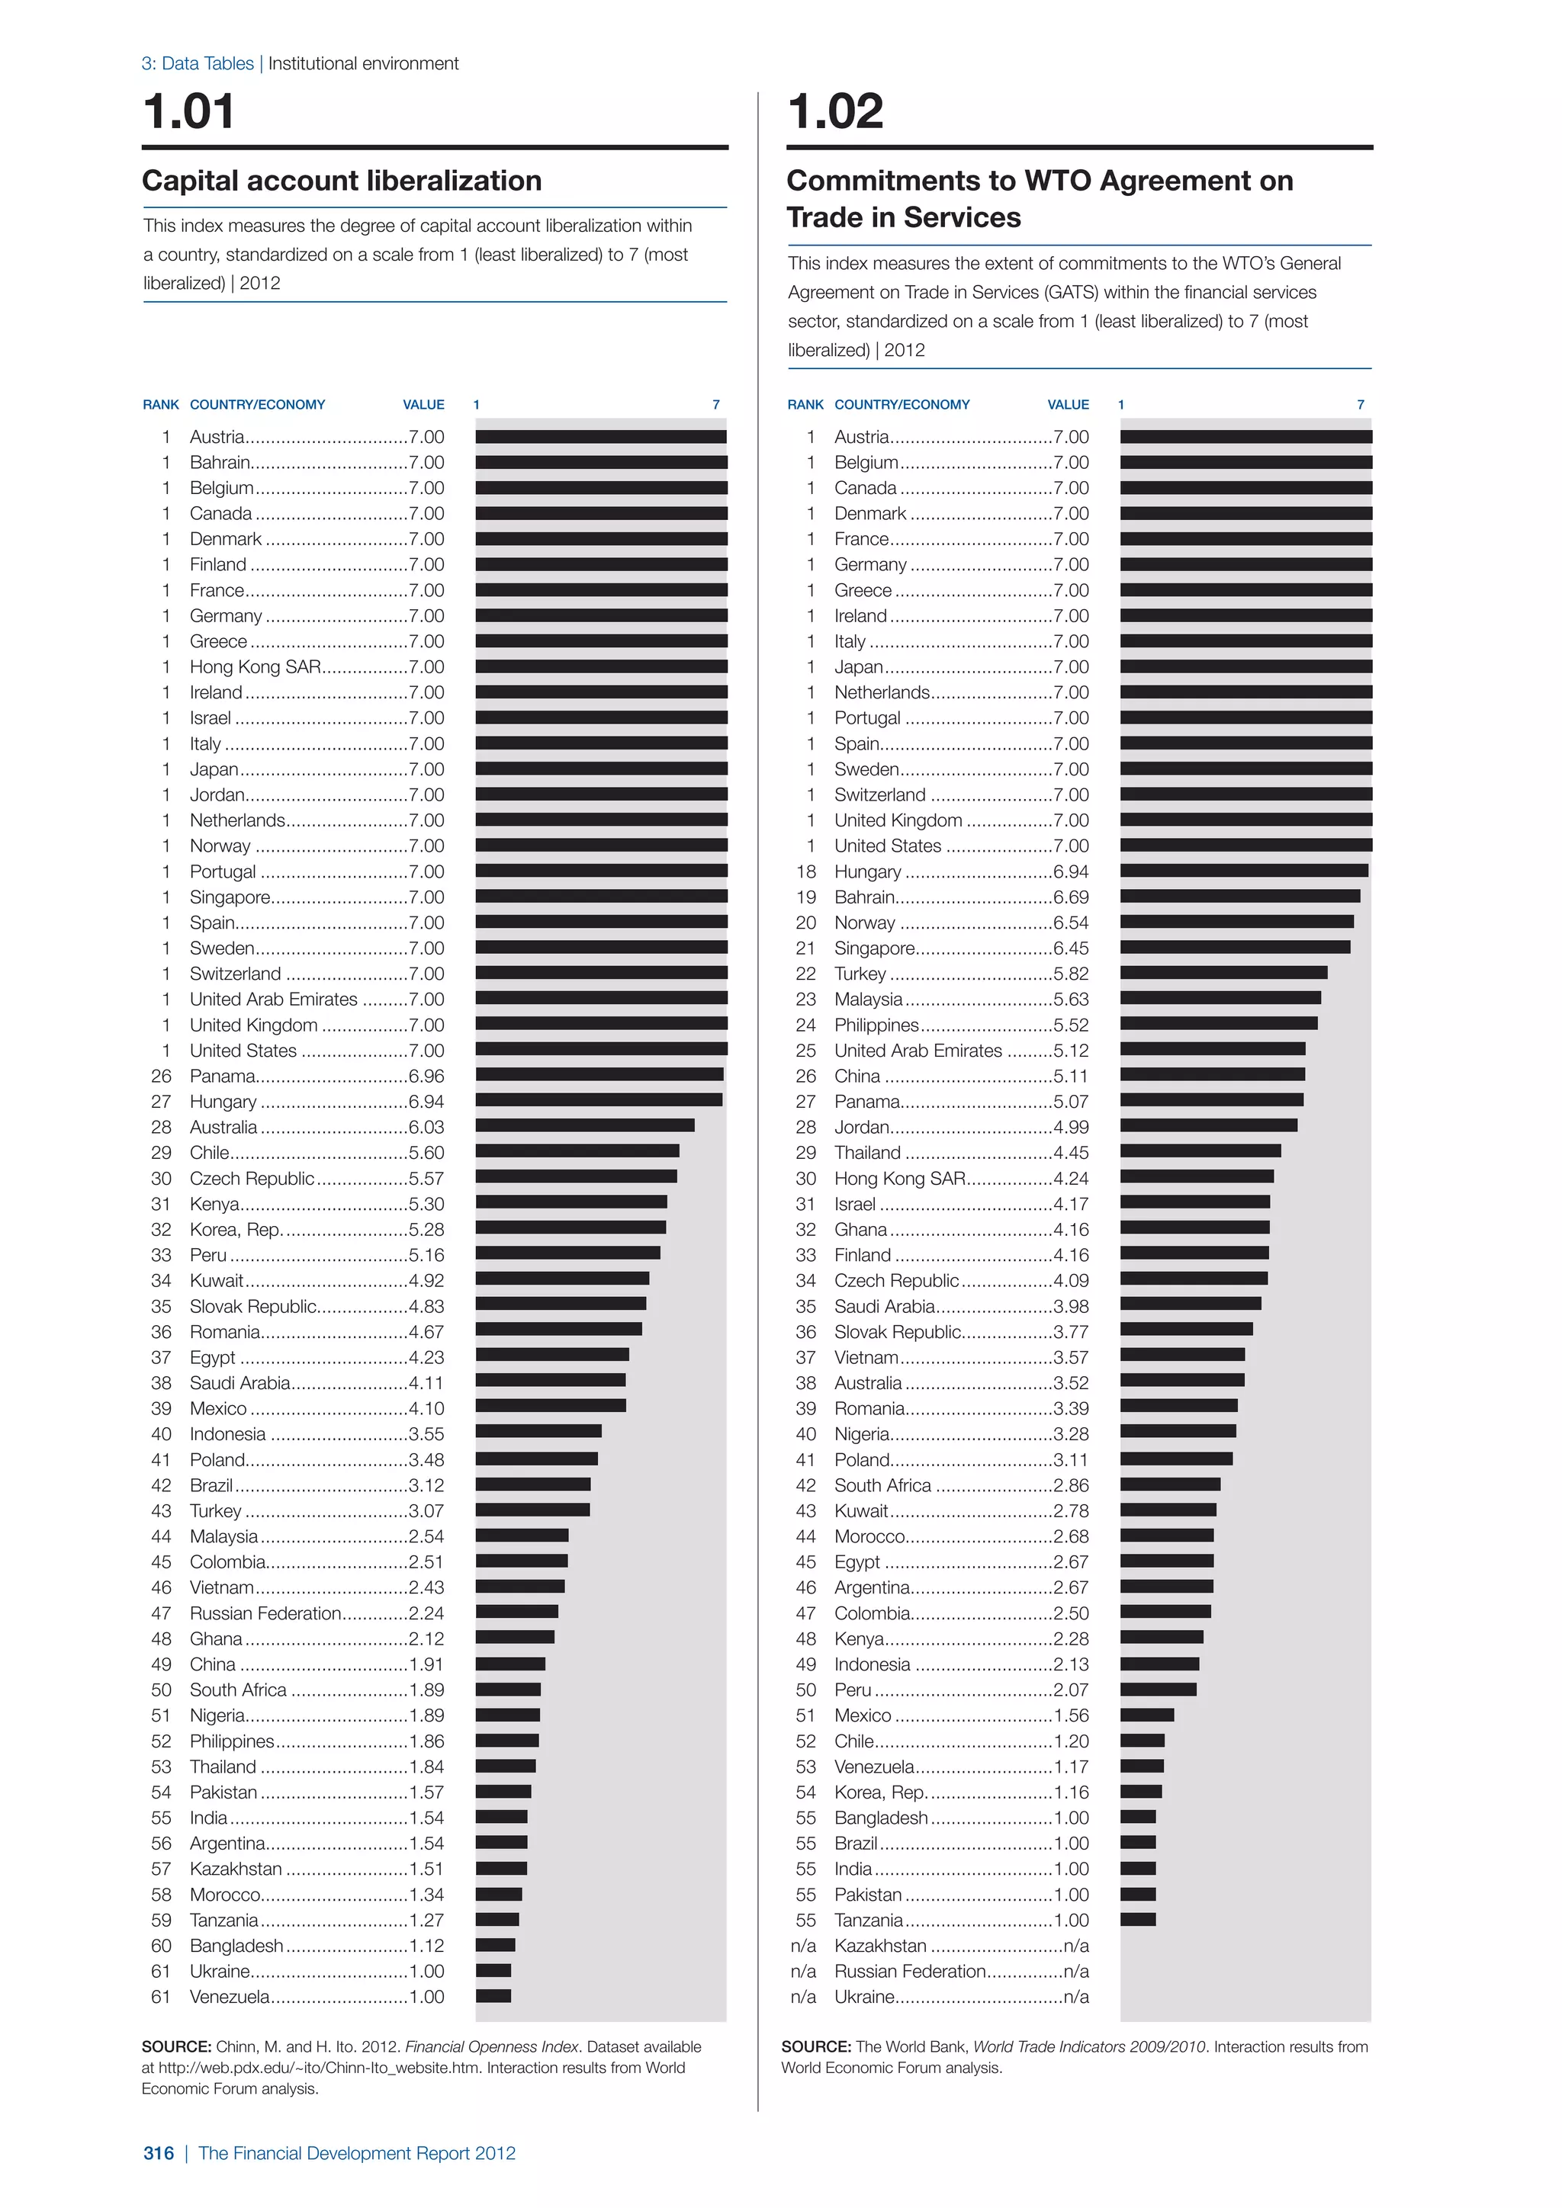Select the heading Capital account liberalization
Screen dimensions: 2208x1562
tap(342, 181)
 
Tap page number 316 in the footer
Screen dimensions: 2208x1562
tap(159, 2153)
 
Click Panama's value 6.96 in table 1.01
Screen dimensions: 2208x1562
tap(426, 1076)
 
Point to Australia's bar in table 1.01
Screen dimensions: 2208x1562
tap(585, 1125)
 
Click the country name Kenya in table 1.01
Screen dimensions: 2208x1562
tap(214, 1204)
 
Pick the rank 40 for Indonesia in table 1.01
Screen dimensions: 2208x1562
tap(161, 1434)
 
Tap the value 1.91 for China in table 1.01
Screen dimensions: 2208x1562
tap(426, 1664)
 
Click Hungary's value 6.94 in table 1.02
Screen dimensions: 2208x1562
tap(1071, 871)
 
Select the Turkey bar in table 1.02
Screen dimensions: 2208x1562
tap(1223, 972)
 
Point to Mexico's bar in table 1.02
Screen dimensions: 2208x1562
tap(1146, 1715)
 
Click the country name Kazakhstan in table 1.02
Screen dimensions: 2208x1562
tap(880, 1946)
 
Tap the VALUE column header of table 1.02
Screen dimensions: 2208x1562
tap(1068, 405)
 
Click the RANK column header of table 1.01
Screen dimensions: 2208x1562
tap(161, 405)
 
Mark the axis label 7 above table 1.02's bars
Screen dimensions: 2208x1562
tap(1360, 405)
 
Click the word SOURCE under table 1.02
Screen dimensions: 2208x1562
tap(815, 2046)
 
